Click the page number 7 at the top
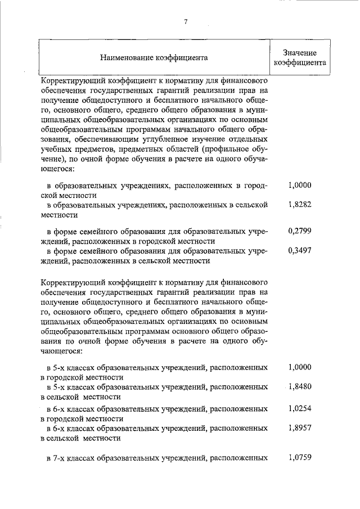coord(185,22)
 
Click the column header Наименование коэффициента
coord(154,57)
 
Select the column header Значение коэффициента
coord(299,57)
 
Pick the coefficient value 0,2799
coord(299,231)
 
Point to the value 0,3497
coord(299,251)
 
